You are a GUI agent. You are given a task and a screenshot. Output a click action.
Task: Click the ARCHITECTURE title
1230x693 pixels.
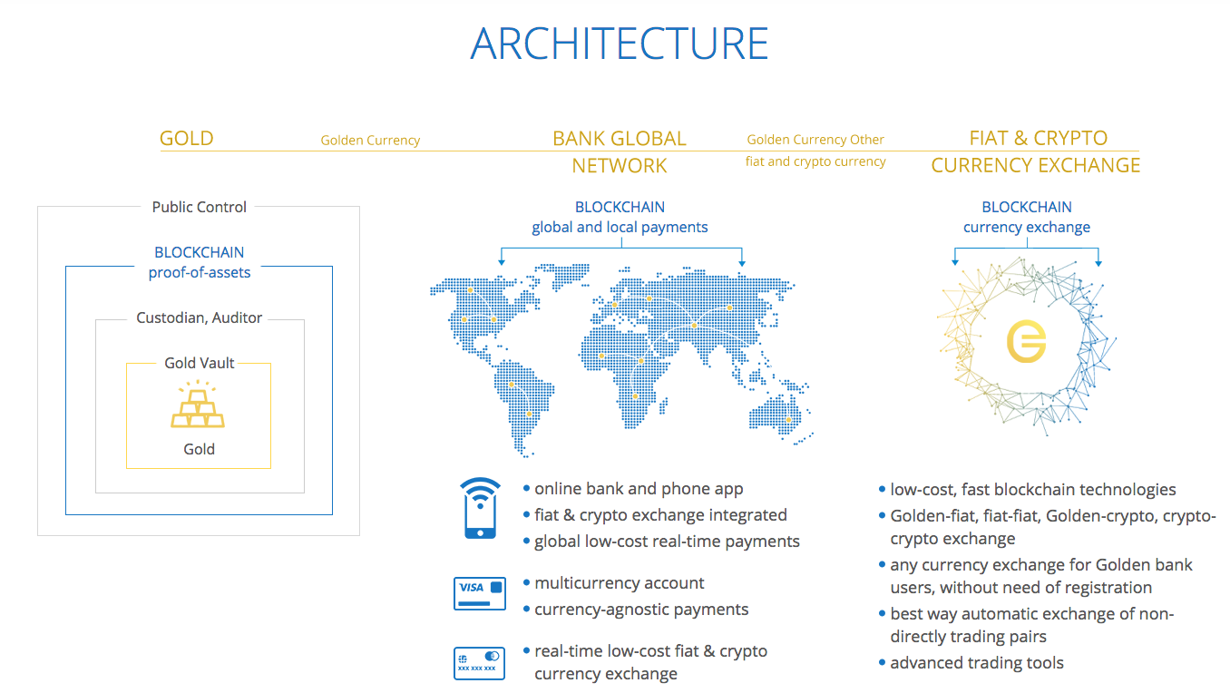pyautogui.click(x=619, y=44)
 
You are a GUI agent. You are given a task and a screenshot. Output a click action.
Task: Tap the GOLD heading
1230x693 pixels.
pyautogui.click(x=186, y=139)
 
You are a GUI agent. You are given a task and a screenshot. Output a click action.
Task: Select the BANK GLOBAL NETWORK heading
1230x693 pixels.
pyautogui.click(x=620, y=152)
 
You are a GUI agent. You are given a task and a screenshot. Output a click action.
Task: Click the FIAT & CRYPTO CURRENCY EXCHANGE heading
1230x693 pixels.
pyautogui.click(x=1036, y=151)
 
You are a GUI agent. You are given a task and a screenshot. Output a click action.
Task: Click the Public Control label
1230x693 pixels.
pyautogui.click(x=199, y=207)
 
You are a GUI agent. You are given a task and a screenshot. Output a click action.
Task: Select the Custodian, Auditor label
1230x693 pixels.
pyautogui.click(x=199, y=318)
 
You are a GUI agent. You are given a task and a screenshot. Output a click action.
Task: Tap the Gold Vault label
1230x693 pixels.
pyautogui.click(x=200, y=363)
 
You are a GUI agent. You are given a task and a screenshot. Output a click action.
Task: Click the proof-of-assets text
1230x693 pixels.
pyautogui.click(x=200, y=272)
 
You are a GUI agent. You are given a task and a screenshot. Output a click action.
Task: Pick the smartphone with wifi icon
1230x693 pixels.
pyautogui.click(x=480, y=508)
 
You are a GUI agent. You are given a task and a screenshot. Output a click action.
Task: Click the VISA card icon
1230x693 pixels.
pyautogui.click(x=479, y=593)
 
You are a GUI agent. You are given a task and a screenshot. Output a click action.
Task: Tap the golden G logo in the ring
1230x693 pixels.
pyautogui.click(x=1026, y=342)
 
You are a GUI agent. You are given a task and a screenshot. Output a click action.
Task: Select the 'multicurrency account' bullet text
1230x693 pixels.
pyautogui.click(x=619, y=582)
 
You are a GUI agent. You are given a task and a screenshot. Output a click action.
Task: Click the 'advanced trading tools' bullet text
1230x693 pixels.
pyautogui.click(x=977, y=663)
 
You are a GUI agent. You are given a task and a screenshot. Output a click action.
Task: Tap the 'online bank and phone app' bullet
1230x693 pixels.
pyautogui.click(x=639, y=489)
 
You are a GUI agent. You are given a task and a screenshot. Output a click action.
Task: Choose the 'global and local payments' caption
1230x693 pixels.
pyautogui.click(x=620, y=228)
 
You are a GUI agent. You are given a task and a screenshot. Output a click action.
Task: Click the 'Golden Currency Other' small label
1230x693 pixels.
pyautogui.click(x=815, y=140)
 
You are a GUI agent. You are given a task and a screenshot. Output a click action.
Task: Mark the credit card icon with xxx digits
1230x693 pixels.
pyautogui.click(x=479, y=663)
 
